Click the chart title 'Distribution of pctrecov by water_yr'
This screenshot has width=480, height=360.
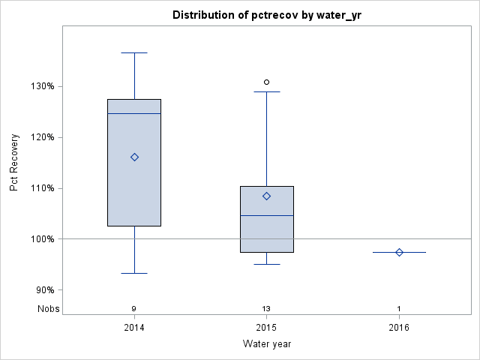(266, 15)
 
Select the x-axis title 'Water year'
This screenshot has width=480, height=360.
(266, 343)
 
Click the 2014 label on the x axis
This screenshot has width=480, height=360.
(134, 328)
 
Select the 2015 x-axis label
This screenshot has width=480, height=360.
(266, 328)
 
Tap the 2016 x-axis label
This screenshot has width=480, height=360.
(399, 328)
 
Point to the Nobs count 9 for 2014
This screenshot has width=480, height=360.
(134, 309)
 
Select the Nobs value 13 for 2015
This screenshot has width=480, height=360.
(266, 309)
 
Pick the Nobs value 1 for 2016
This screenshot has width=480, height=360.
(399, 309)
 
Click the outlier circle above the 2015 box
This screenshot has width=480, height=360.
(266, 82)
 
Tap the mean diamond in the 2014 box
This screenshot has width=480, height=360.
(134, 157)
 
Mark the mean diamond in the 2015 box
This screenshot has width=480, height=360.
(266, 196)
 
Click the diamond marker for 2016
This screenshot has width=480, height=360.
(399, 252)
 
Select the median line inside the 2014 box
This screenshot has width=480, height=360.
(134, 113)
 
